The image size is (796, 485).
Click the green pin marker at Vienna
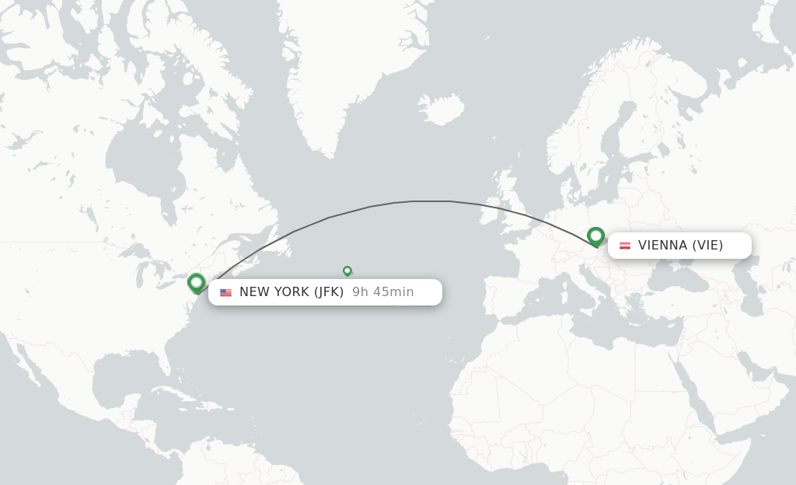point(595,236)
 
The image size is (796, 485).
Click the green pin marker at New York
point(196,282)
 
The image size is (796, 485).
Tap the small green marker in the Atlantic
point(347,270)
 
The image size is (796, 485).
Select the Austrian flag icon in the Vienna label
point(624,246)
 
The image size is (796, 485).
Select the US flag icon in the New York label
point(225,292)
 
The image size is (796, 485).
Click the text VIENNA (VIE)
point(680,246)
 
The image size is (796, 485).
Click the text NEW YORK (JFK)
point(292,292)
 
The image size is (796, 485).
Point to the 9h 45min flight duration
point(382,292)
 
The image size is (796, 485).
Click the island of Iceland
point(442,110)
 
